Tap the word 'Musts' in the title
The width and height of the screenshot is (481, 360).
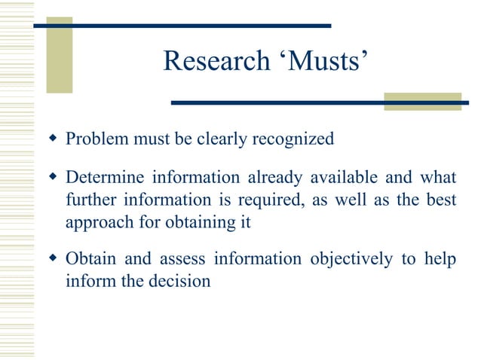tap(319, 63)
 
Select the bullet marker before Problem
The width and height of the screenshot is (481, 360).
tap(52, 139)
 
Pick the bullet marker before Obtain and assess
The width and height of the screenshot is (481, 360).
tap(52, 259)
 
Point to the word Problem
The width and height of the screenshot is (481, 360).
tap(93, 139)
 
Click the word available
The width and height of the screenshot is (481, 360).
tap(342, 178)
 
